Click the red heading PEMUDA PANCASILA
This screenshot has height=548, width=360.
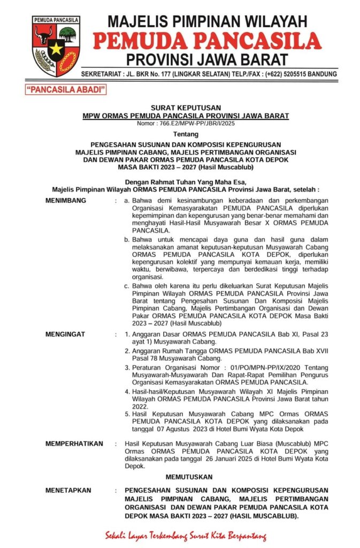click(207, 41)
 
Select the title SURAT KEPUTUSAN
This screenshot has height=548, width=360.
click(185, 108)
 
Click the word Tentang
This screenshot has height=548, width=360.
click(185, 134)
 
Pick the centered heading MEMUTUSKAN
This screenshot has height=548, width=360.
click(185, 476)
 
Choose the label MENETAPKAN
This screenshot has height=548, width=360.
click(68, 490)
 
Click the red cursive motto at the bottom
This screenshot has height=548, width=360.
click(185, 536)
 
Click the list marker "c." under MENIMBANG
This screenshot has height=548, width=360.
click(127, 286)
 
